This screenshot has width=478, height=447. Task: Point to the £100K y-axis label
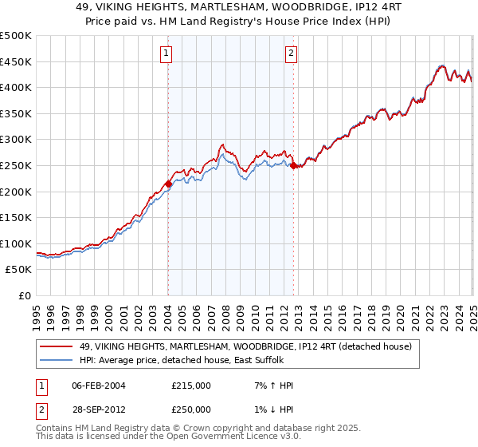click(x=16, y=243)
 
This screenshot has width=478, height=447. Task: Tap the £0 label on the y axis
click(x=24, y=296)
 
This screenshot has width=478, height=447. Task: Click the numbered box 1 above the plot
click(x=167, y=53)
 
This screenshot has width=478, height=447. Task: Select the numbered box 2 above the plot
click(x=291, y=53)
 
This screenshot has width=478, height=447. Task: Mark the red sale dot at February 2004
click(x=168, y=184)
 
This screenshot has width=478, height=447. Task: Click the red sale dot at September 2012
click(x=294, y=166)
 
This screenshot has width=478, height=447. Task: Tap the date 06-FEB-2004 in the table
click(x=99, y=386)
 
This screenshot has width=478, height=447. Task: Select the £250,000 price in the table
click(x=191, y=409)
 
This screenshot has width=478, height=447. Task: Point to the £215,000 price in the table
click(x=191, y=386)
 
